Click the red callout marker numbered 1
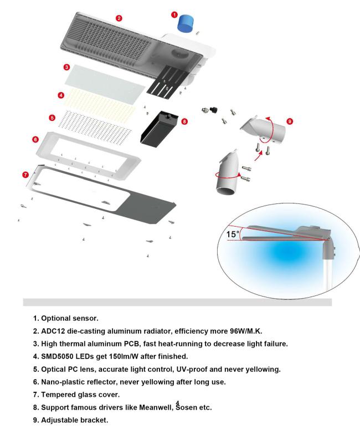174,15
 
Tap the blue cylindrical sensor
186,23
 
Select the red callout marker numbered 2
119,18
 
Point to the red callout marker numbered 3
66,67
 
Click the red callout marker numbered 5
52,118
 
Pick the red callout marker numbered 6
35,140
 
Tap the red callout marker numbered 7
25,175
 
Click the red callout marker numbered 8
184,121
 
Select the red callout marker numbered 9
290,121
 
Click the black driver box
159,127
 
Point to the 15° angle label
233,234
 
